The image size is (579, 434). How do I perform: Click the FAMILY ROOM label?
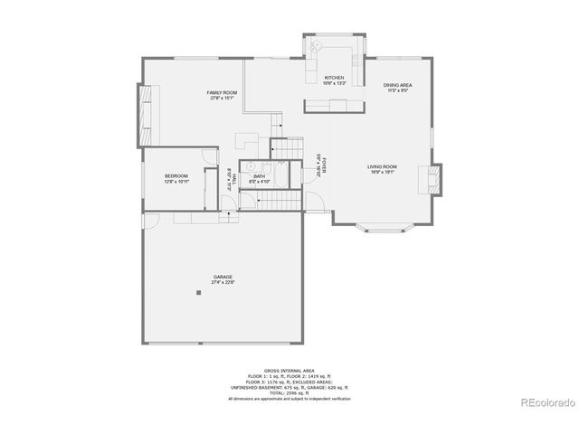click(x=222, y=93)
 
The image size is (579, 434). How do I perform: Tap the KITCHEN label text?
click(x=335, y=78)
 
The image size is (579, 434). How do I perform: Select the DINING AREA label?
click(x=398, y=86)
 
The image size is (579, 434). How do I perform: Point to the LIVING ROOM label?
click(x=382, y=167)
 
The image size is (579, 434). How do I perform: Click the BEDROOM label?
click(x=176, y=175)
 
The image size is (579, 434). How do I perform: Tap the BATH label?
click(x=259, y=176)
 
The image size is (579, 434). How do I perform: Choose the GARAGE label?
click(x=223, y=277)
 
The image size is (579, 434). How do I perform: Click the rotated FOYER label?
click(x=321, y=165)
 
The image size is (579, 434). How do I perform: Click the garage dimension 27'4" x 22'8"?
click(x=223, y=282)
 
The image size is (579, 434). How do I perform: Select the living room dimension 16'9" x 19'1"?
click(x=382, y=173)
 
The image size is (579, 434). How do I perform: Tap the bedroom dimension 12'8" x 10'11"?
click(x=176, y=181)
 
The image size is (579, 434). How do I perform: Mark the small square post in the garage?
click(x=198, y=292)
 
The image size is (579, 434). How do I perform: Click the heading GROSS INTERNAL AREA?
click(x=289, y=371)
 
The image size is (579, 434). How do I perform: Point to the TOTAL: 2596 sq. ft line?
click(x=289, y=393)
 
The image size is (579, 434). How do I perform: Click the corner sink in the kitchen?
click(x=318, y=47)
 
